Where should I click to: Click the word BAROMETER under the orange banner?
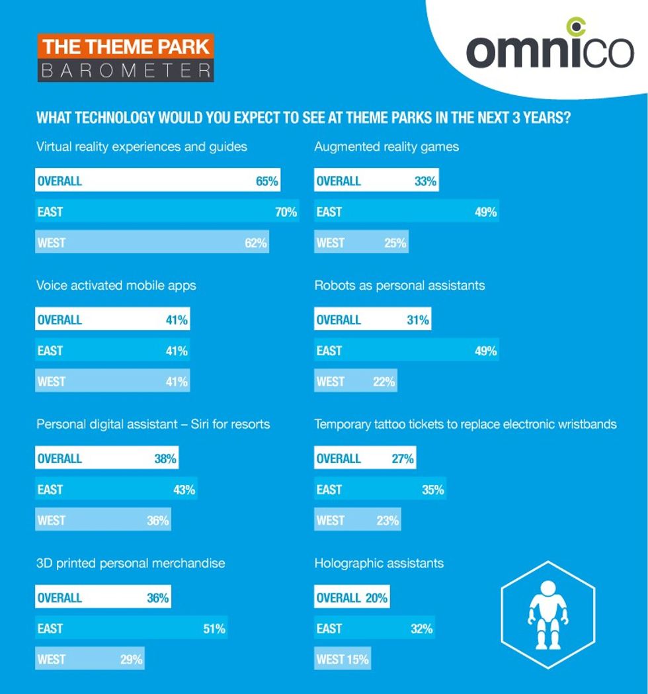[126, 70]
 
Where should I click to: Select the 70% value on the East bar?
[286, 212]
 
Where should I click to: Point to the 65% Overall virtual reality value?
[267, 181]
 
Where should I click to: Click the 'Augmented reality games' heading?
[386, 147]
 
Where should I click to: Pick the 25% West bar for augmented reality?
[361, 243]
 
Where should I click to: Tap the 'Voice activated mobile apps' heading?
[116, 286]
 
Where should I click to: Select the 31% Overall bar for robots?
[372, 320]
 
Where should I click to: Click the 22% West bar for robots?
[356, 382]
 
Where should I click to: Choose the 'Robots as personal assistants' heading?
[399, 286]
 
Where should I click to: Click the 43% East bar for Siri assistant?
[116, 490]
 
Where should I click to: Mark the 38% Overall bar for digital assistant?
[107, 459]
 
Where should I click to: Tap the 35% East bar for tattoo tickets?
[380, 490]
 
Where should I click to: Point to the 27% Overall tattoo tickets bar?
[365, 459]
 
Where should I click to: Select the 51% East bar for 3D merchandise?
[132, 629]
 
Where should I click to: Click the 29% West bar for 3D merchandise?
[90, 660]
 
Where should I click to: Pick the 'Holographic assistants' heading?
[379, 564]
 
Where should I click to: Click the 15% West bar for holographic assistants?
[343, 660]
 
